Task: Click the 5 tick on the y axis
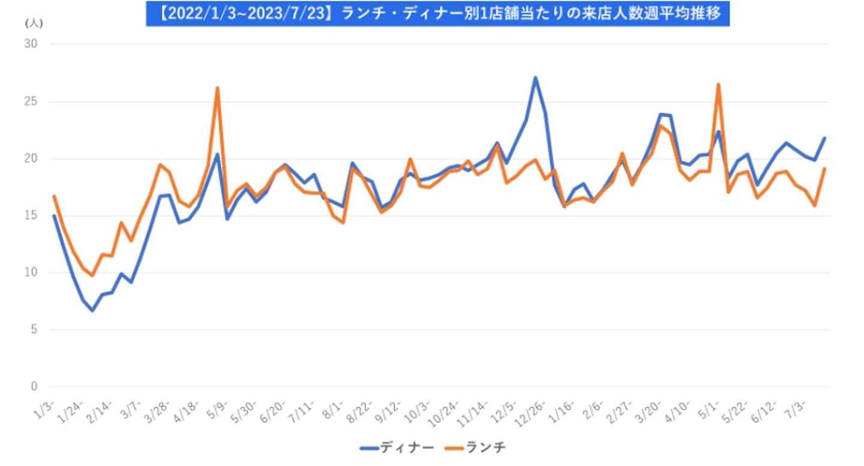pyautogui.click(x=34, y=330)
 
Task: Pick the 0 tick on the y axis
pyautogui.click(x=34, y=387)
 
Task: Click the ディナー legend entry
pyautogui.click(x=397, y=447)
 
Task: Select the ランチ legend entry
pyautogui.click(x=478, y=447)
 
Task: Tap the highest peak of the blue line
pyautogui.click(x=535, y=77)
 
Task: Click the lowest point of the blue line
pyautogui.click(x=92, y=310)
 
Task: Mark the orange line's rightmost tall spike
pyautogui.click(x=718, y=85)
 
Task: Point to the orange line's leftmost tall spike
pyautogui.click(x=217, y=88)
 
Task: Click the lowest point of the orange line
pyautogui.click(x=92, y=275)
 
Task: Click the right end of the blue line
pyautogui.click(x=825, y=138)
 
